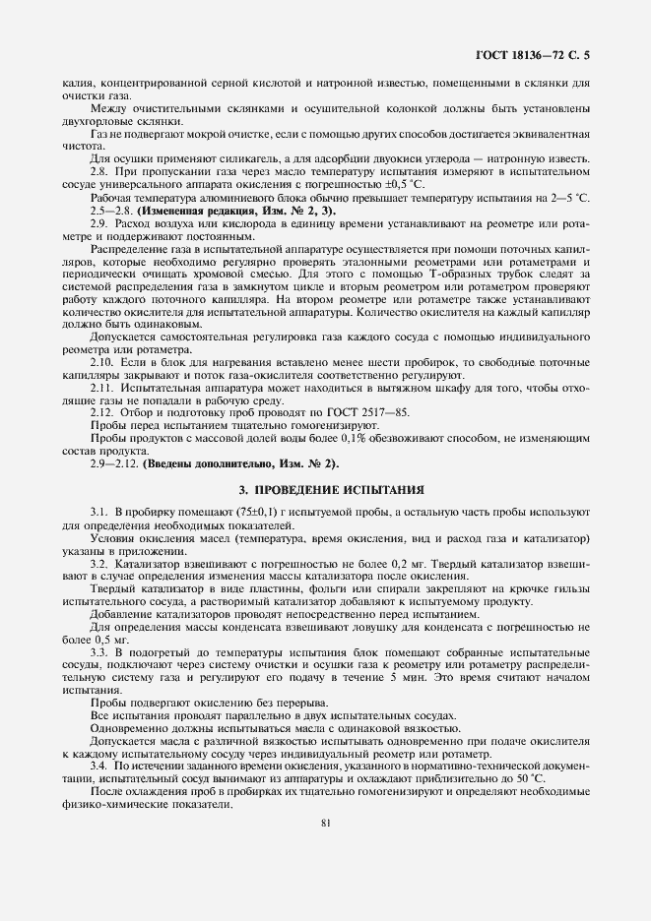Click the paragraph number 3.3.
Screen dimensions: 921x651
[x=100, y=652]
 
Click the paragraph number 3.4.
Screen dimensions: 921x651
[x=100, y=765]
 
